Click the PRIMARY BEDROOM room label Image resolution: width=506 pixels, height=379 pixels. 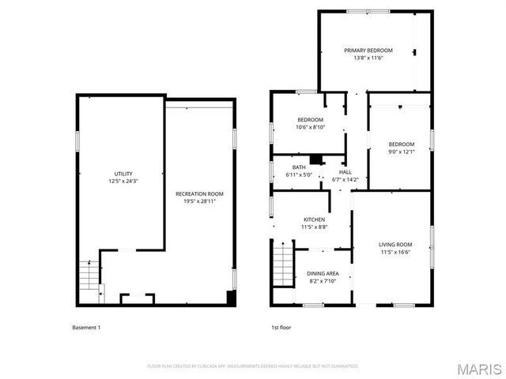pyautogui.click(x=368, y=51)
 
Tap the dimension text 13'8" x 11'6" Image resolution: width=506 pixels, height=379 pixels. pyautogui.click(x=368, y=58)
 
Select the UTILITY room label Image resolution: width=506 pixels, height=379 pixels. pyautogui.click(x=123, y=174)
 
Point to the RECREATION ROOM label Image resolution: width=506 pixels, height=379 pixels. pyautogui.click(x=199, y=193)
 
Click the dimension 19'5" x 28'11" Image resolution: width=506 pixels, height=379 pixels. pyautogui.click(x=199, y=201)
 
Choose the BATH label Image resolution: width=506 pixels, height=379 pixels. pyautogui.click(x=298, y=167)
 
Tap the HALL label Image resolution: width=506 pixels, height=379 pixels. pyautogui.click(x=345, y=171)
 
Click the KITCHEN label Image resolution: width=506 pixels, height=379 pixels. pyautogui.click(x=314, y=220)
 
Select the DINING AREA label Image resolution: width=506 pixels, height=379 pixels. pyautogui.click(x=322, y=273)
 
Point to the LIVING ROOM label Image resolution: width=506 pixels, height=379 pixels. pyautogui.click(x=395, y=245)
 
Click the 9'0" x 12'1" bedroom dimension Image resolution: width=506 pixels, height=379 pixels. pyautogui.click(x=401, y=152)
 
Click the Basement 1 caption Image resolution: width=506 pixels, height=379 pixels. pyautogui.click(x=86, y=328)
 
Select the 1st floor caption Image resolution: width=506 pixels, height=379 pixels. pyautogui.click(x=281, y=328)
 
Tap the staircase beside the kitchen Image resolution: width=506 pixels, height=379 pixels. pyautogui.click(x=282, y=265)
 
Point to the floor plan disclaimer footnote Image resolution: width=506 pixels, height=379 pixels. pyautogui.click(x=253, y=366)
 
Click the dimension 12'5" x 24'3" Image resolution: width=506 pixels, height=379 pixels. pyautogui.click(x=123, y=182)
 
